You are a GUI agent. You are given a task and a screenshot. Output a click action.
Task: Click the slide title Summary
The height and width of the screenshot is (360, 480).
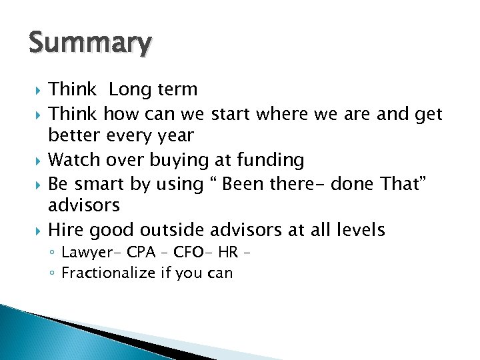pos(90,43)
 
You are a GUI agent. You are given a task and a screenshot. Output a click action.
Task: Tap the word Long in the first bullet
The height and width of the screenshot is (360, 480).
pos(130,89)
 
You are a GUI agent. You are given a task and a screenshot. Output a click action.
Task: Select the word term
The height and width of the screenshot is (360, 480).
pos(176,89)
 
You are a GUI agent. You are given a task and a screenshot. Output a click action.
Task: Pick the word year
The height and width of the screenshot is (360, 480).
pos(176,137)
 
